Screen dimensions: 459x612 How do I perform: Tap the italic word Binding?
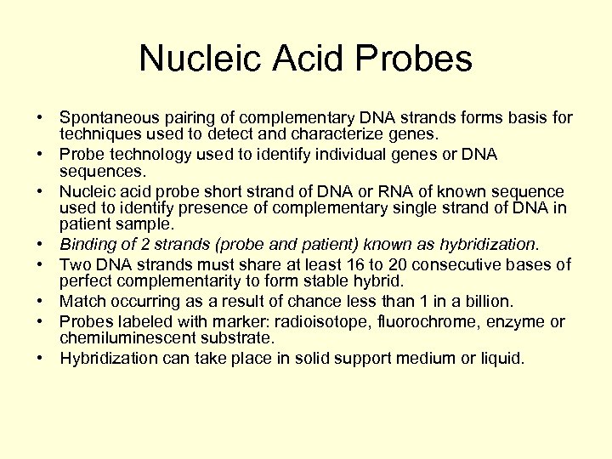[87, 246]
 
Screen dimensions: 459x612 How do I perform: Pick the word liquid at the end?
[501, 358]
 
